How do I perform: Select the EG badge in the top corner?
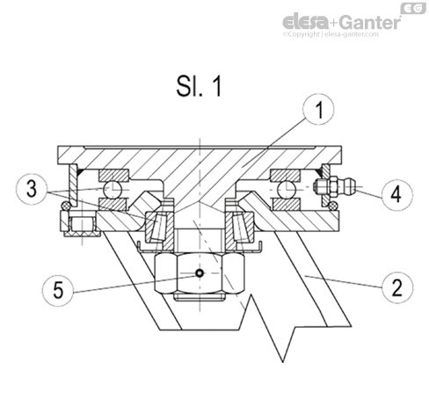[412, 8]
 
